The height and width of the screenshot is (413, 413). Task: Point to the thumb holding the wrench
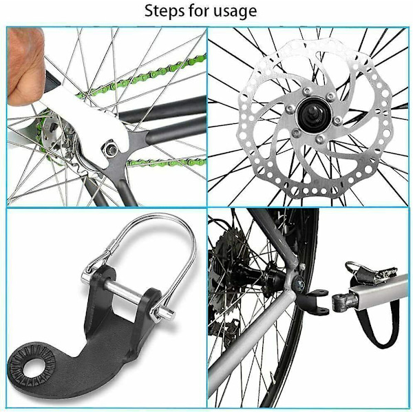click(25, 66)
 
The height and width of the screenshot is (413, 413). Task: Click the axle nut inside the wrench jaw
click(111, 149)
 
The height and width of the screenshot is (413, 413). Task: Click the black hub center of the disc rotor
click(314, 115)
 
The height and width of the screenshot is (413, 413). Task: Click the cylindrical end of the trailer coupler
click(341, 303)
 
